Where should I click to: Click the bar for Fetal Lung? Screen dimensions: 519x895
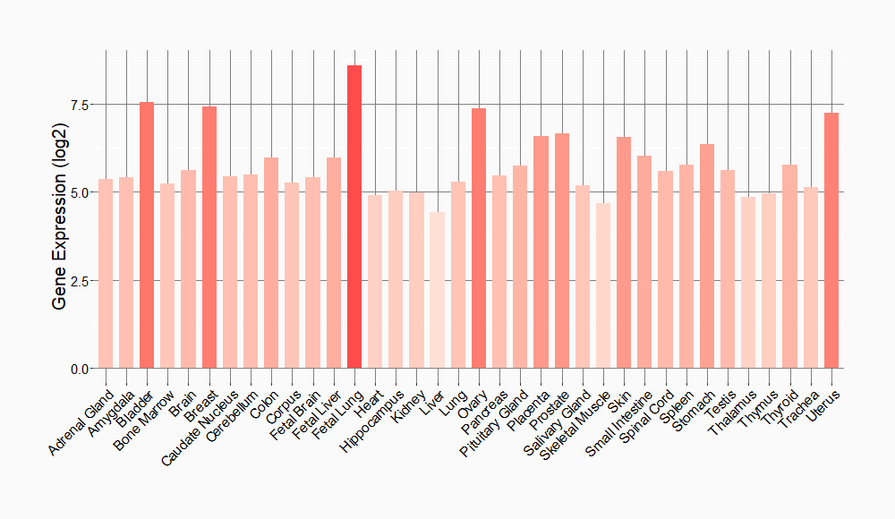354,217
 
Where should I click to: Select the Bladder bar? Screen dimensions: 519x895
147,235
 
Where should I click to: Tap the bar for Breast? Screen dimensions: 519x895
209,237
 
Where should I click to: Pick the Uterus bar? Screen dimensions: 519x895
831,241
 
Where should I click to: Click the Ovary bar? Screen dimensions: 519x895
479,238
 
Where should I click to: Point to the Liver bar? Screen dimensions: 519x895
437,290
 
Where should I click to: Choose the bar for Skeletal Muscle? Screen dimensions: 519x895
603,285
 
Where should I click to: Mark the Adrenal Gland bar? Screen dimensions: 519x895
106,274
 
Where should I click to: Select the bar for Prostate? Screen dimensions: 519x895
562,251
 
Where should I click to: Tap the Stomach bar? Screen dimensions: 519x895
707,256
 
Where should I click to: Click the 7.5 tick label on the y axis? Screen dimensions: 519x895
80,105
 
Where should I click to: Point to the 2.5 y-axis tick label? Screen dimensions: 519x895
80,281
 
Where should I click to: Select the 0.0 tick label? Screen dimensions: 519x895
80,369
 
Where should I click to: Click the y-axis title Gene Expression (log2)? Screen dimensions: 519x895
59,234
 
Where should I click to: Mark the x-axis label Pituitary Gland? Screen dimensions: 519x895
496,421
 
